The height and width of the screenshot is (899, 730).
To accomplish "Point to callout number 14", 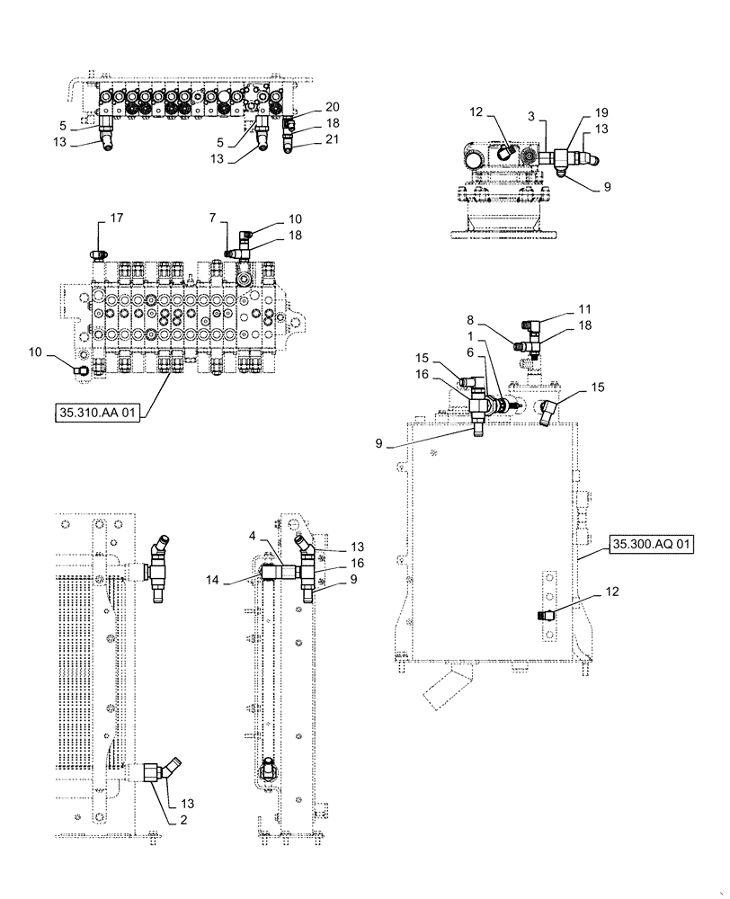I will coord(238,580).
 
